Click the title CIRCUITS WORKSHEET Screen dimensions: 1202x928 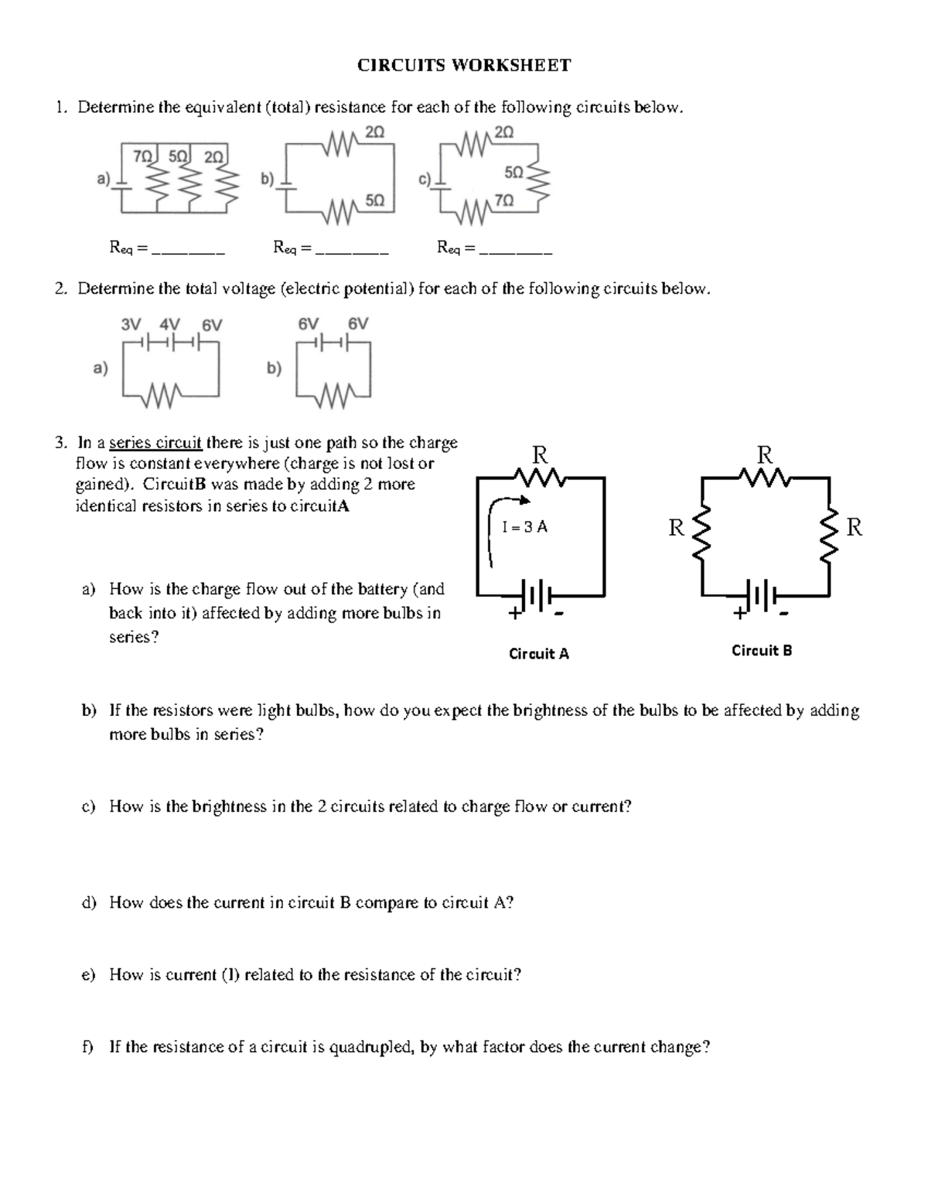(463, 66)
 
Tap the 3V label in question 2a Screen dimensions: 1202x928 (131, 324)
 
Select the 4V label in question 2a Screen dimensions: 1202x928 (169, 324)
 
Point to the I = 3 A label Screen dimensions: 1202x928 (524, 527)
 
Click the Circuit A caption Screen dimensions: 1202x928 (538, 654)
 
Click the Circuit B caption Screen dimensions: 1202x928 (762, 651)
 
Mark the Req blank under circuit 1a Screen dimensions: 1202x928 (189, 251)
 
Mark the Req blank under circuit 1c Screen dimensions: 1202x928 (516, 251)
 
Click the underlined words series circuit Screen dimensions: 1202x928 (155, 443)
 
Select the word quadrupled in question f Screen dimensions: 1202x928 (372, 1048)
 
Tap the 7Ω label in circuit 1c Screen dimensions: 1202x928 (503, 200)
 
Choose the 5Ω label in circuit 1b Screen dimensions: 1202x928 (374, 200)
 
